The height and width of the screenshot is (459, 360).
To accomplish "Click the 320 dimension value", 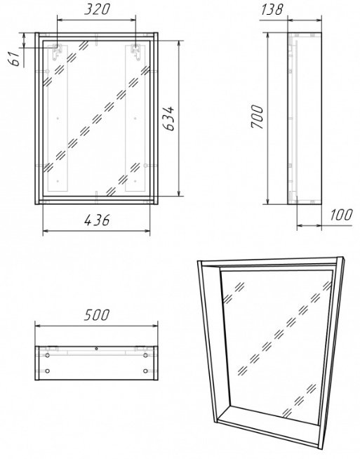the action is click(97, 9).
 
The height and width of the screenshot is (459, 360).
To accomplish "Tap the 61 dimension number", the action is click(14, 58).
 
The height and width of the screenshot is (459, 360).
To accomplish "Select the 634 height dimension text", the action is click(168, 119).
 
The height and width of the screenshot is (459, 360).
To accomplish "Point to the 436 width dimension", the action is click(97, 220).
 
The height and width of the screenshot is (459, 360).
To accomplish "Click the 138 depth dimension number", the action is click(272, 9).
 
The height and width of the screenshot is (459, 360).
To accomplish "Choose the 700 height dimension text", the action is click(258, 117).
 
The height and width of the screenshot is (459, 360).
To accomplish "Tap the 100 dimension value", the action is click(341, 215).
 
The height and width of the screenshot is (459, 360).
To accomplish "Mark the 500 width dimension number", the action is click(97, 315).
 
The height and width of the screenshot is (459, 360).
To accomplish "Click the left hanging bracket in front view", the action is click(57, 52).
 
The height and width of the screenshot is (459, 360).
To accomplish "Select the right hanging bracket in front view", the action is click(135, 52).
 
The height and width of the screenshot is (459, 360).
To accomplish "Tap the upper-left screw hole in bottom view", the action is click(48, 355).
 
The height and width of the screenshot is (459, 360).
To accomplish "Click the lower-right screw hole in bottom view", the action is click(145, 371).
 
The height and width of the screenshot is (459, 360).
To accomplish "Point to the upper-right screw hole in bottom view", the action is click(145, 355).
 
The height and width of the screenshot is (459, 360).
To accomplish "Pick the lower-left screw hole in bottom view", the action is click(48, 371).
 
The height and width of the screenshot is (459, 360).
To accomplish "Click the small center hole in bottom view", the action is click(96, 349).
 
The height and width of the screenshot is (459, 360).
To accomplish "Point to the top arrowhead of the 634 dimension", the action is click(179, 44).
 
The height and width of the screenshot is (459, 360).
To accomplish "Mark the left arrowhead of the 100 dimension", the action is click(300, 225).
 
